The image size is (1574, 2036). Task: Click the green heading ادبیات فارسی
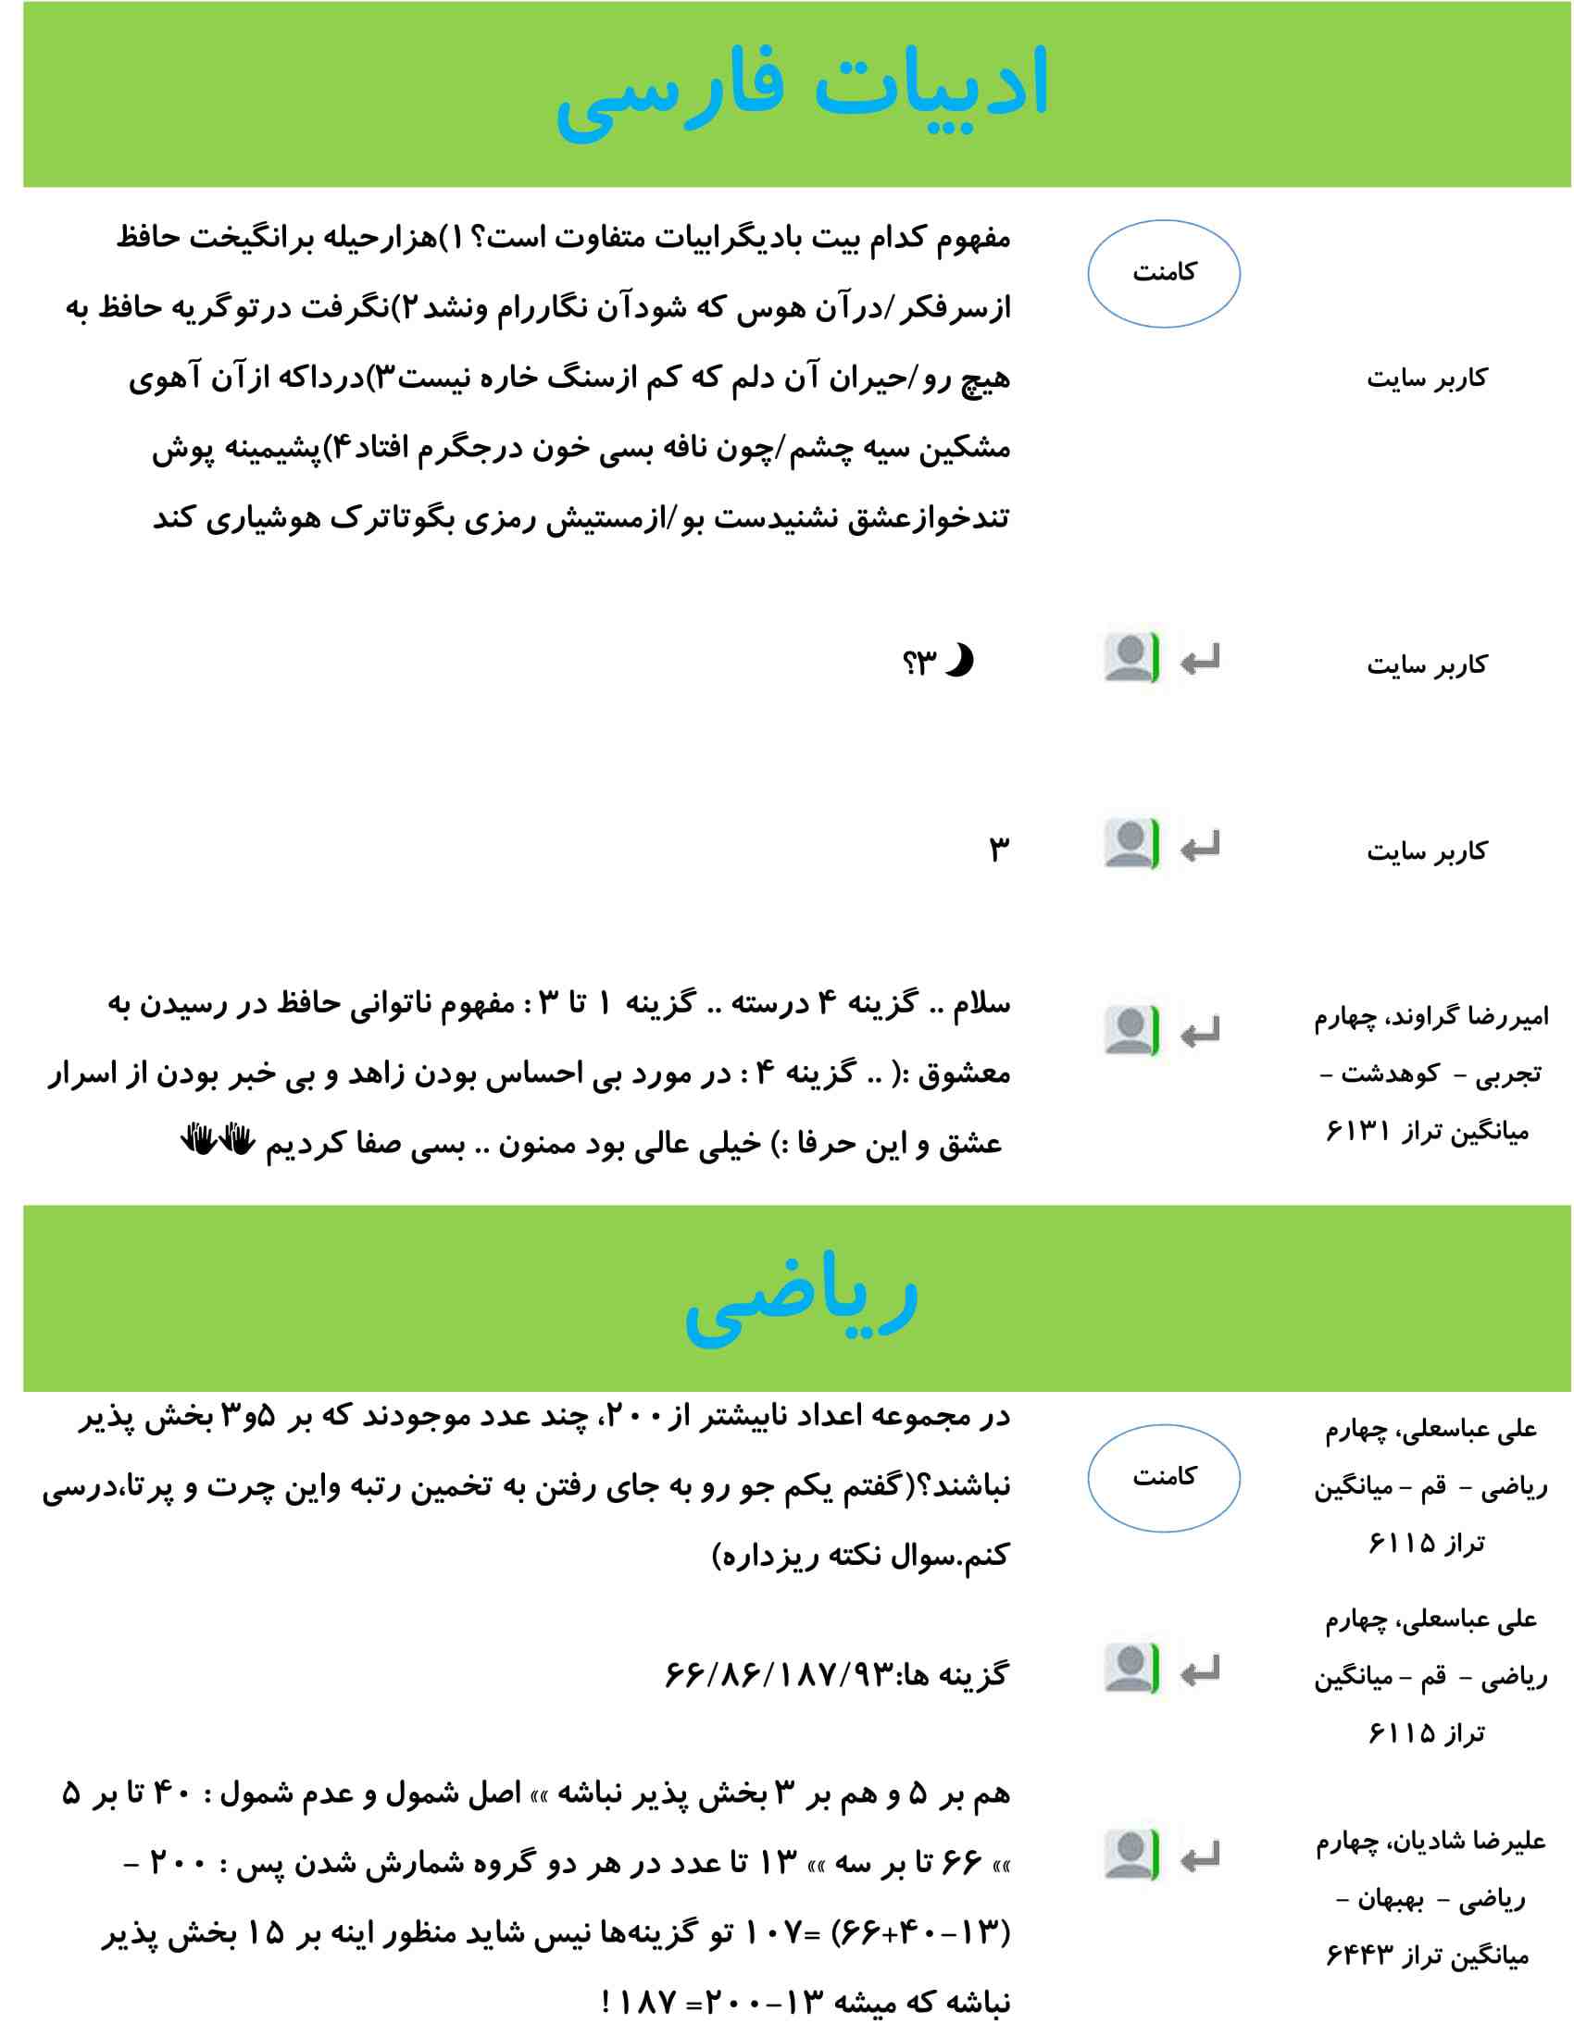(x=802, y=89)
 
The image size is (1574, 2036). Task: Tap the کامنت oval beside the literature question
(x=1163, y=273)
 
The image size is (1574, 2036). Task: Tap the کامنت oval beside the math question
(x=1163, y=1478)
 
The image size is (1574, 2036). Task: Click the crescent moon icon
(x=959, y=660)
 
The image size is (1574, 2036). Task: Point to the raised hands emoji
(x=218, y=1140)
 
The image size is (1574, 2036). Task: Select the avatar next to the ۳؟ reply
(x=1131, y=658)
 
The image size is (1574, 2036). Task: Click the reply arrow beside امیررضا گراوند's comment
(x=1199, y=1033)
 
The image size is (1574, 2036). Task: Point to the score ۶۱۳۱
(x=1357, y=1132)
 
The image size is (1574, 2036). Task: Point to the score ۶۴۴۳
(x=1357, y=1955)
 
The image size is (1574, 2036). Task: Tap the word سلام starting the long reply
(x=980, y=1003)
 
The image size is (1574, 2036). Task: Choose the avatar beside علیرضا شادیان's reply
(x=1131, y=1856)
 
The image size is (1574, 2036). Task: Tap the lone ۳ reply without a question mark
(x=999, y=849)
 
